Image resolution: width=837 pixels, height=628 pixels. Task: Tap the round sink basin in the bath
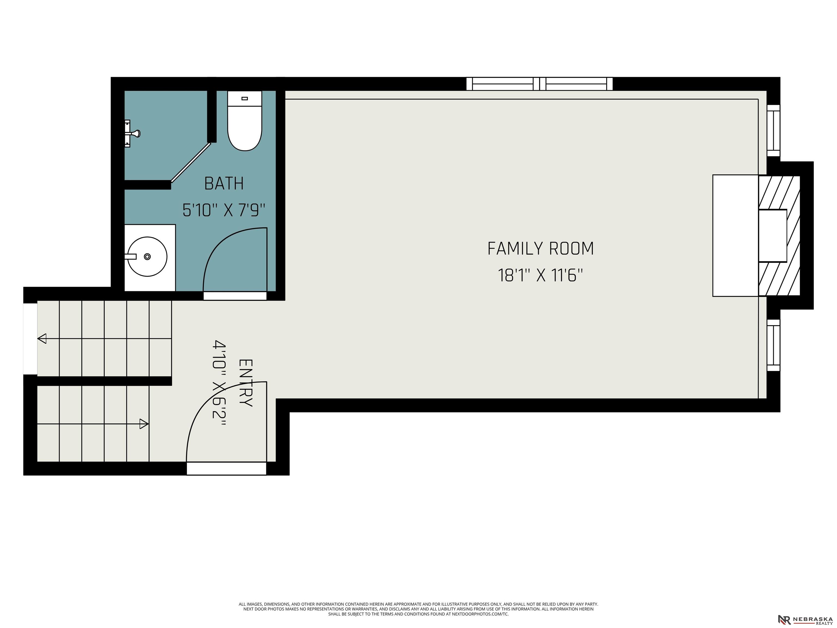coord(147,257)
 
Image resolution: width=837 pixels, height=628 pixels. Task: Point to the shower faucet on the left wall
coord(132,133)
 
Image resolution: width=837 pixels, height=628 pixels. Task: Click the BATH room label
coord(224,184)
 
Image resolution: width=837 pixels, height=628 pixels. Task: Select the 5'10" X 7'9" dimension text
coord(224,210)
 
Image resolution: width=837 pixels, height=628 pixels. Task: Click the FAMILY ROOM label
coord(540,249)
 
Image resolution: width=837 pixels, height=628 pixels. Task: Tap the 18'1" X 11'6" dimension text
coord(540,275)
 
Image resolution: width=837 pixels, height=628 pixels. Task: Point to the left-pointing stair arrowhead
coord(42,339)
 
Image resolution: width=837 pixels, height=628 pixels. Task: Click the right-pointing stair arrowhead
coord(144,424)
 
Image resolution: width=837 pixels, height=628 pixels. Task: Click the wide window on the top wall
coord(539,84)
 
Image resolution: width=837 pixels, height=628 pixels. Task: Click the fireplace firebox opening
coord(772,236)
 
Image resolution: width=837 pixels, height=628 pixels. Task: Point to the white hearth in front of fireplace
coord(735,235)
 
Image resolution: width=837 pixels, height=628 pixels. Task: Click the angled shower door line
coord(191,163)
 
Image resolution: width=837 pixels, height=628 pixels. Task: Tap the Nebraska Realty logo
coord(805,620)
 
